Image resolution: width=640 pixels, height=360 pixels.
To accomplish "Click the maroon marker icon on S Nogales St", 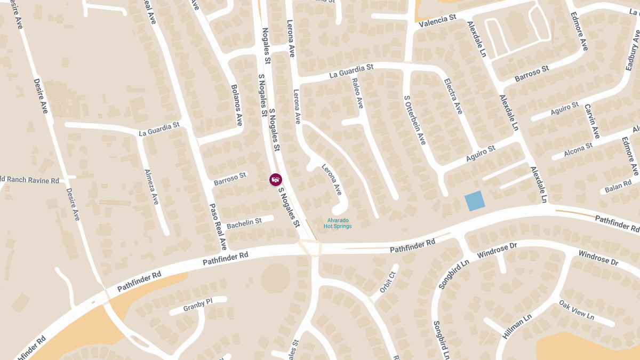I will [x=275, y=180].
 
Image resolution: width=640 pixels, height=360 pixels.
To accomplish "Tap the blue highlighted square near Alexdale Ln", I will [x=475, y=201].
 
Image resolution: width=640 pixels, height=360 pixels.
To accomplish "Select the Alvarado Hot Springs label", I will [x=339, y=223].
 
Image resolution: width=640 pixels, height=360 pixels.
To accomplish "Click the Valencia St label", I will [x=437, y=21].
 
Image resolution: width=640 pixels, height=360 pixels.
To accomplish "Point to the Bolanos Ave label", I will [x=237, y=105].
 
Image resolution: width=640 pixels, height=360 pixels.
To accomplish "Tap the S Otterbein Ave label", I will [x=414, y=120].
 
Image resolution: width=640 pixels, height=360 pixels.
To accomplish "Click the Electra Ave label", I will [x=453, y=96].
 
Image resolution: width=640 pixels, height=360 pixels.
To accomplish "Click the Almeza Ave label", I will [x=152, y=187].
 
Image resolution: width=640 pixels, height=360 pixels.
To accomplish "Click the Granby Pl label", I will [x=197, y=305].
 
